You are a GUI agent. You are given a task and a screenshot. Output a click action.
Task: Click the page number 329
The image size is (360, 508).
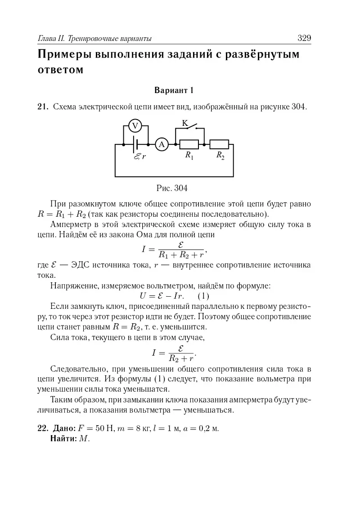point(304,38)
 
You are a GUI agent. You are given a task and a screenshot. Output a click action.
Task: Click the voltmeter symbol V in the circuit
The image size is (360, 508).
point(135,126)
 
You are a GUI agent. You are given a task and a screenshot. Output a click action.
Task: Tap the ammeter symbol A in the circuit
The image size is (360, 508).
point(161,144)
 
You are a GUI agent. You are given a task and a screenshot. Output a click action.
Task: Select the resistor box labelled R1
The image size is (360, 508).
point(189,144)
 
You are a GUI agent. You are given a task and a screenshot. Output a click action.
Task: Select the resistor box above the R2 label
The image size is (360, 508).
point(220,144)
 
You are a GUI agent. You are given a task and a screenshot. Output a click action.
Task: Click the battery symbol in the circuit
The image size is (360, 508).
point(137,144)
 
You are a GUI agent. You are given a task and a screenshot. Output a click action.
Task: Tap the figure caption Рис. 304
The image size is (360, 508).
point(174,187)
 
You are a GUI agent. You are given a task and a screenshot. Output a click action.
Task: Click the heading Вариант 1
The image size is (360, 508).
point(174,90)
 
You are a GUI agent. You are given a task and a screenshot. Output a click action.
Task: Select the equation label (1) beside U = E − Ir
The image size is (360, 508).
point(203,296)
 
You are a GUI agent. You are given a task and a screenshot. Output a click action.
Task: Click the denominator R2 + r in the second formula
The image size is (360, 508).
point(181,359)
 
